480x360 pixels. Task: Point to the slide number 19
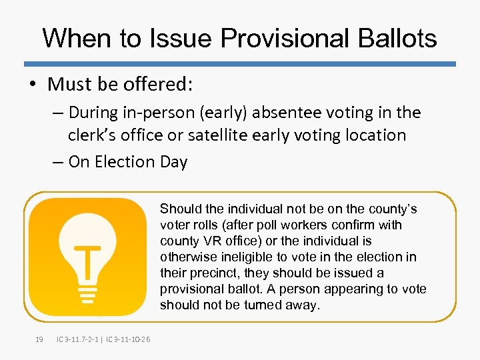coord(39,340)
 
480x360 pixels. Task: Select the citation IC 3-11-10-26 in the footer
coord(127,340)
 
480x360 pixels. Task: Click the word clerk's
coord(93,135)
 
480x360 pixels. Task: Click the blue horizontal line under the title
coord(240,64)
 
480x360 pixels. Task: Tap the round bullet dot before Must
coord(34,85)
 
